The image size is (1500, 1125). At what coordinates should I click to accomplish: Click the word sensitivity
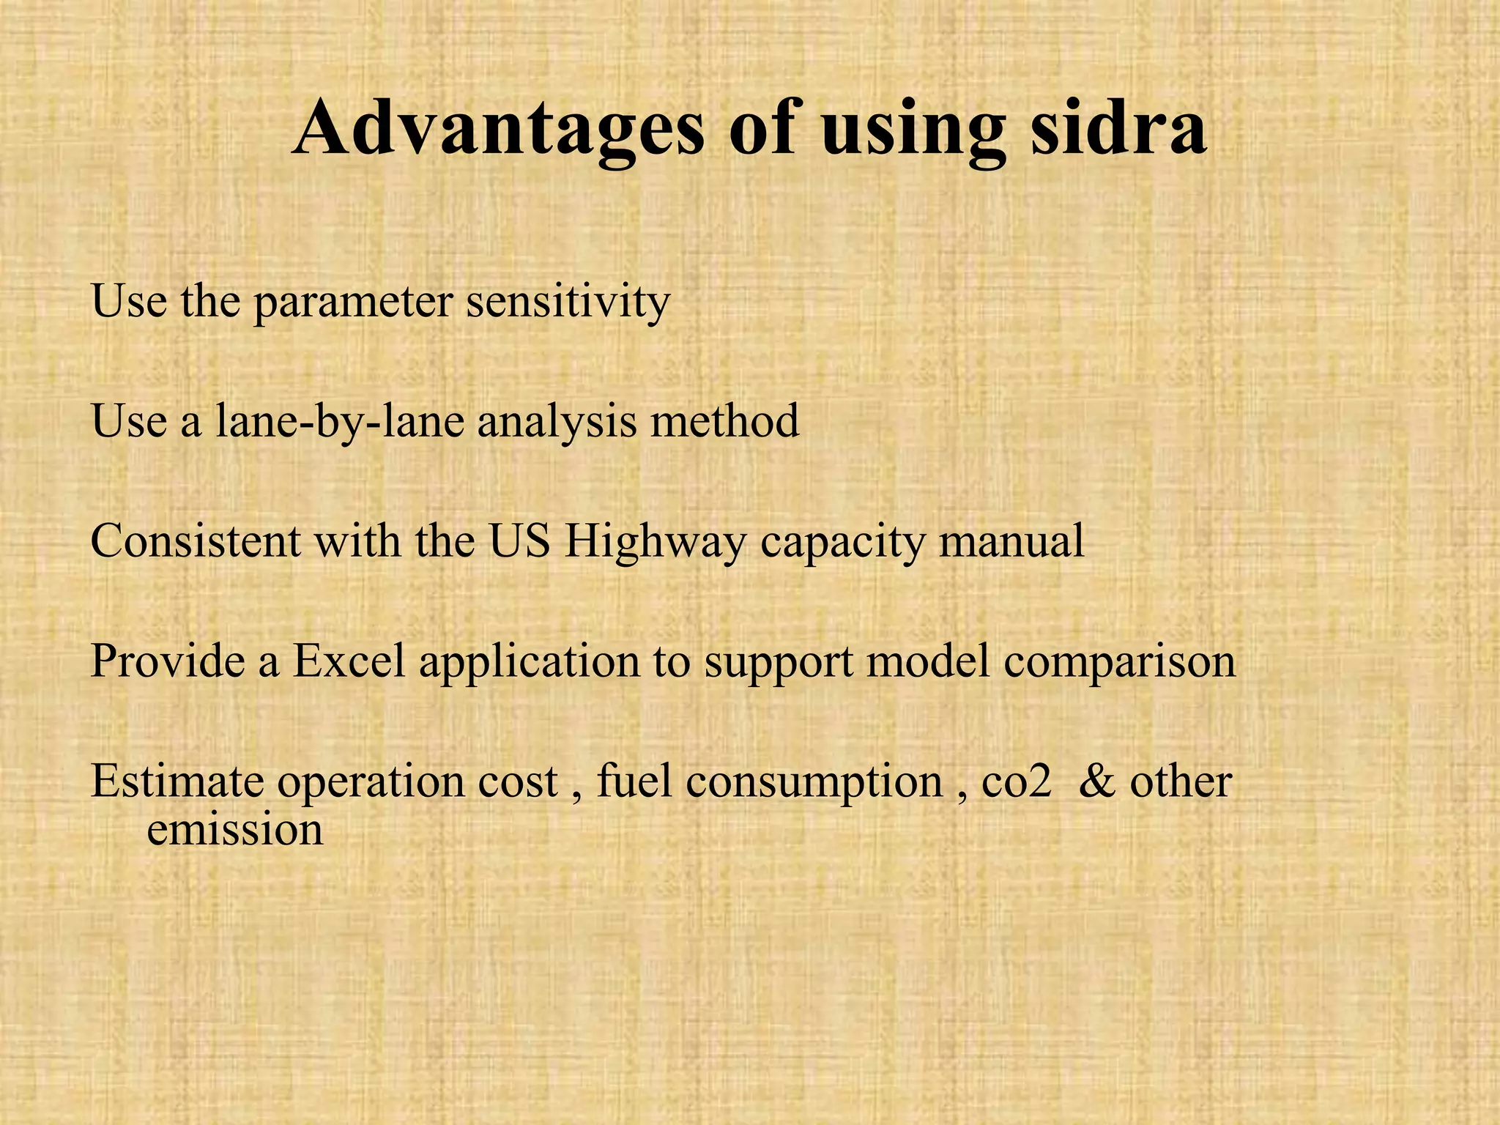pos(568,301)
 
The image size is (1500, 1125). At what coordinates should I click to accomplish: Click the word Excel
pos(349,661)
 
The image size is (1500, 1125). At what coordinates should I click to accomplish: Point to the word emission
pos(234,830)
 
